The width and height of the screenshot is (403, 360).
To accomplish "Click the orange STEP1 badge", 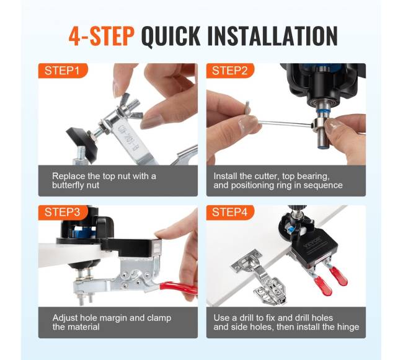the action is [x=63, y=71].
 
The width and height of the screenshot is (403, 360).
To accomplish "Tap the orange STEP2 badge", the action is [x=230, y=71].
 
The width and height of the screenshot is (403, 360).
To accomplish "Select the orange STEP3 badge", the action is [x=63, y=213].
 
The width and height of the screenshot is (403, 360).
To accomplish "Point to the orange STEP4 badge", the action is [x=230, y=213].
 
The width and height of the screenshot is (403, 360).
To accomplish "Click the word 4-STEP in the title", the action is [x=101, y=36].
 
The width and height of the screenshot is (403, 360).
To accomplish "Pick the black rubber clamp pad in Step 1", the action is [x=82, y=142].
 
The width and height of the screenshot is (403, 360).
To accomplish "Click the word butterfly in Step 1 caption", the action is [x=67, y=185].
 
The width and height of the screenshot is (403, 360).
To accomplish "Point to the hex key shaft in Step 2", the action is [x=285, y=123].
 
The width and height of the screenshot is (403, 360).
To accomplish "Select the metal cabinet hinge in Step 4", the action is [x=259, y=276].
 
